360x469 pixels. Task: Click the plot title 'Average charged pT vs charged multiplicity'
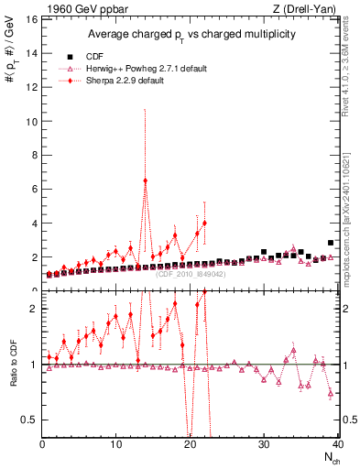[x=190, y=35]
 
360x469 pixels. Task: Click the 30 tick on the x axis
[x=264, y=444]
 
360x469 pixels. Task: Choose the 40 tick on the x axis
[x=336, y=444]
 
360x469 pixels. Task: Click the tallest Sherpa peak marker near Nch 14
[x=146, y=180]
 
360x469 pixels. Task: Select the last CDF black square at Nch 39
[x=331, y=243]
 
